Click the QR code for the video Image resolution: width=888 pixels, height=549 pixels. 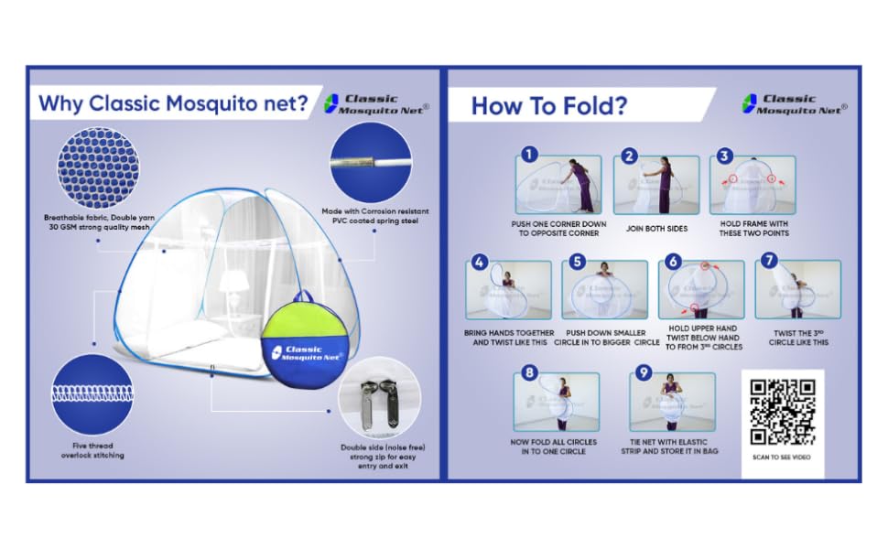coord(783,412)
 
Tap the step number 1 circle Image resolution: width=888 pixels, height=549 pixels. coord(529,156)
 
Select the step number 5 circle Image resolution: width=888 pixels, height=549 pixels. coord(576,262)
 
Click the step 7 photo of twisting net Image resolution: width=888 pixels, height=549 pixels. coord(798,290)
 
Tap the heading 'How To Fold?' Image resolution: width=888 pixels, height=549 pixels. coord(549,106)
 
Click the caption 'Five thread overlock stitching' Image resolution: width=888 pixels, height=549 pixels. coord(84,448)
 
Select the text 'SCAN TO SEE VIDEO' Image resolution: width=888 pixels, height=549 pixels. coord(783,457)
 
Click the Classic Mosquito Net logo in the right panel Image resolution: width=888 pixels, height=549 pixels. coord(794,103)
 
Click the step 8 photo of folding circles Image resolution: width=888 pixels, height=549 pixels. coord(557,402)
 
